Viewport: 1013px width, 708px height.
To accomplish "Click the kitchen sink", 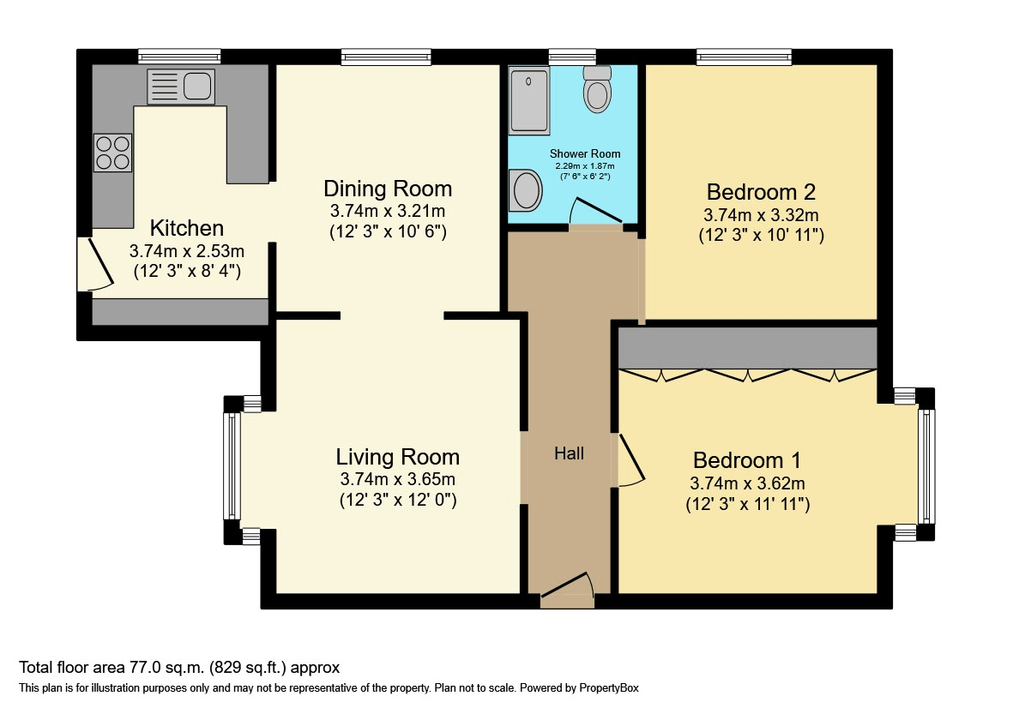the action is click(181, 87).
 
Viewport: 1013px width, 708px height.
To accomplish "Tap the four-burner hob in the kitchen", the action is click(113, 153).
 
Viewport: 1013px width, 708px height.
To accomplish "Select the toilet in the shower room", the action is click(597, 89).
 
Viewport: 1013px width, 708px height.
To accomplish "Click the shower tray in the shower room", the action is click(529, 101).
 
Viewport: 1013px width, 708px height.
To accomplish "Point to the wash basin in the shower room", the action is click(525, 190).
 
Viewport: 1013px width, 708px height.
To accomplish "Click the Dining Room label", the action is click(388, 189).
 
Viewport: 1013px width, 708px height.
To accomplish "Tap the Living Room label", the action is click(397, 457).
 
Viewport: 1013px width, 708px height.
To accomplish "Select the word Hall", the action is click(570, 453).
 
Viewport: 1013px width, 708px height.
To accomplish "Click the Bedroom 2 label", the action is click(761, 192).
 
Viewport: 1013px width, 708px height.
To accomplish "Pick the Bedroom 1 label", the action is click(747, 460).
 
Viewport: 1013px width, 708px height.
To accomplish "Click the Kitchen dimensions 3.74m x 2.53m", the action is click(187, 251).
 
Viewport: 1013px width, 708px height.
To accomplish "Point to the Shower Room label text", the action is click(585, 153).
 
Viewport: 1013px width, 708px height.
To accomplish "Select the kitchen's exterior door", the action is click(95, 265).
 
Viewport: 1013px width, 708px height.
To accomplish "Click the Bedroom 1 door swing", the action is click(630, 460).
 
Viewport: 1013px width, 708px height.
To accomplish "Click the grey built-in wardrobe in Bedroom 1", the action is click(747, 348).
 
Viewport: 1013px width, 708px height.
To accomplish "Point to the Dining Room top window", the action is click(386, 57).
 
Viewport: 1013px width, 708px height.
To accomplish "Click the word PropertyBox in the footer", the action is click(609, 688).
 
